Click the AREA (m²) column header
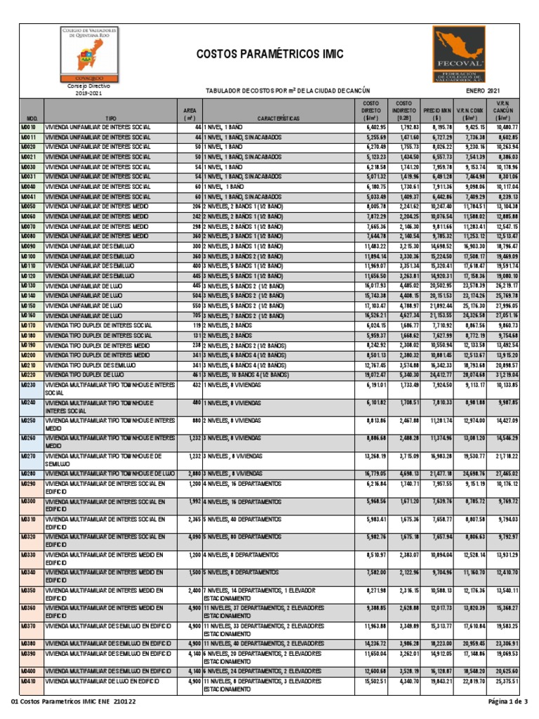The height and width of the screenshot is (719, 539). pos(189,114)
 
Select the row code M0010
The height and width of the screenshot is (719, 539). pos(29,127)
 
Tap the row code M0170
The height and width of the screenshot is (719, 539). pos(29,326)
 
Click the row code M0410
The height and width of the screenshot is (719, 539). pos(29,681)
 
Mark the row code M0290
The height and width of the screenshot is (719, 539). pos(29,484)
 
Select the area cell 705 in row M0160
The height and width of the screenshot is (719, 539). pos(197,316)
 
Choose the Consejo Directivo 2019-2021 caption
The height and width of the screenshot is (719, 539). pos(84,88)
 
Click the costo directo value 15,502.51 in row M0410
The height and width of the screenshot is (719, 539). pos(373,681)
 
